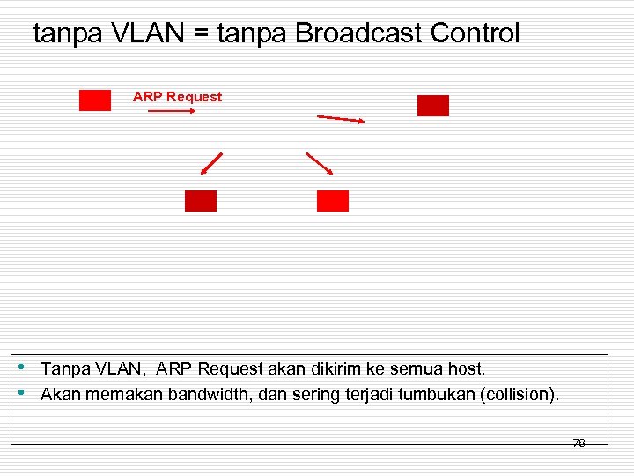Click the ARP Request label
click(177, 97)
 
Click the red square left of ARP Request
click(95, 100)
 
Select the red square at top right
click(432, 106)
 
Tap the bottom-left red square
click(200, 201)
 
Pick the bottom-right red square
click(332, 201)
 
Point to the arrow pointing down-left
click(211, 164)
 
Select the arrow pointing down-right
click(319, 164)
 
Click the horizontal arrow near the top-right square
click(341, 119)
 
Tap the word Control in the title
click(475, 33)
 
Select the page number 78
click(579, 443)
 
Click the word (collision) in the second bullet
click(518, 394)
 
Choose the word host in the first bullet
click(467, 368)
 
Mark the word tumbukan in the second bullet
click(436, 394)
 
